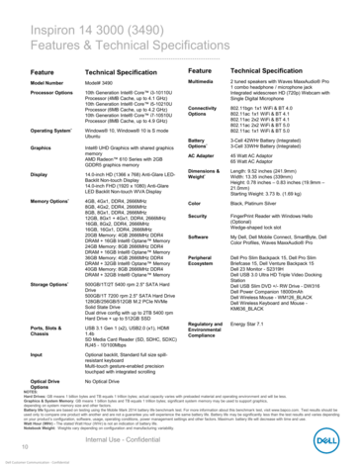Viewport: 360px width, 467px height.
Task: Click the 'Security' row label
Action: (x=206, y=215)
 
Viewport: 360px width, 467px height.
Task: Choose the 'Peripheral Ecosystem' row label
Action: (x=211, y=259)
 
